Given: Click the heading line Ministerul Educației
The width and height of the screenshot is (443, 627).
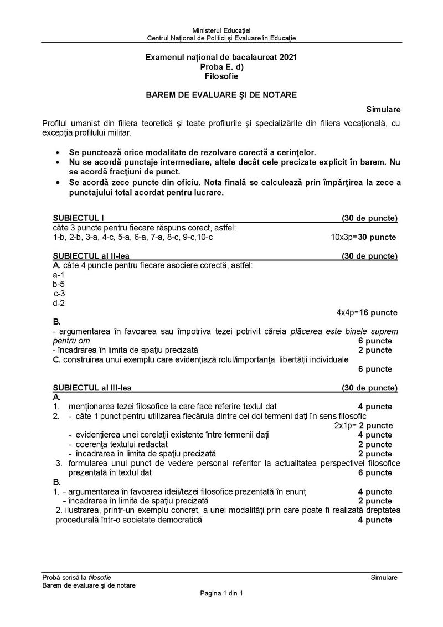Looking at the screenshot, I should pos(221,29).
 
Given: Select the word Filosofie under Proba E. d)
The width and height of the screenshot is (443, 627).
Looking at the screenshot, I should pos(221,76).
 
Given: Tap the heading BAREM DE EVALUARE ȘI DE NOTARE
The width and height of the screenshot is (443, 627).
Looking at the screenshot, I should pos(221,95).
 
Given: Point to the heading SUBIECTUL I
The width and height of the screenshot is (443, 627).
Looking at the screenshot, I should pos(79,218).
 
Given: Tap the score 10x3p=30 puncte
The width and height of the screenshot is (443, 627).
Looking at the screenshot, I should pos(363,237).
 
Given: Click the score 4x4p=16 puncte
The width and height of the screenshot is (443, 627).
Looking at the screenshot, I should pos(367,312).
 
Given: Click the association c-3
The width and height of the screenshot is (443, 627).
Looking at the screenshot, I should pos(60,294).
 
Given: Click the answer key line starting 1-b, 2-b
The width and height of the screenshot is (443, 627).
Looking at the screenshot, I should pos(133,237).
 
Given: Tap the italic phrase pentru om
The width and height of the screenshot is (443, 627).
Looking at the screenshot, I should pos(71,341).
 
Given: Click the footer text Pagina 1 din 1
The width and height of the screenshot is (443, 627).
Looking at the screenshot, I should pos(221,594).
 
